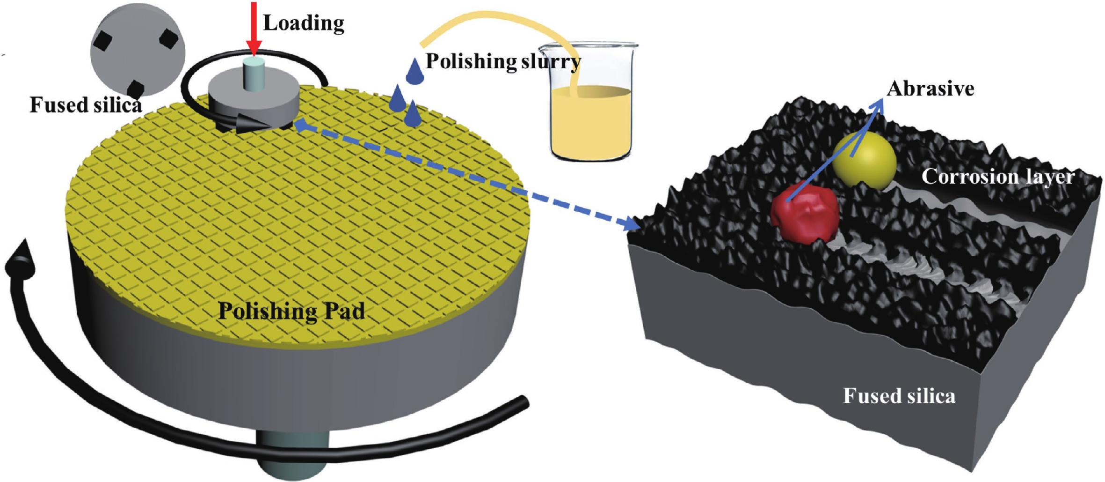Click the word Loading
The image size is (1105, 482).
click(304, 23)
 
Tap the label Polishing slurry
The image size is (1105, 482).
click(503, 61)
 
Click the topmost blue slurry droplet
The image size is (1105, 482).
click(414, 72)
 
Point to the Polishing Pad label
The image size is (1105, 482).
click(291, 311)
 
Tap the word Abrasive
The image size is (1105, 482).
click(930, 89)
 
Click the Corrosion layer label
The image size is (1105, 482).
click(998, 177)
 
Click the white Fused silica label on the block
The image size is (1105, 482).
click(899, 396)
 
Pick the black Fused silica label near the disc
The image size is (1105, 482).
click(86, 105)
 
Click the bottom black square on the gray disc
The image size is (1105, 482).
click(136, 89)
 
